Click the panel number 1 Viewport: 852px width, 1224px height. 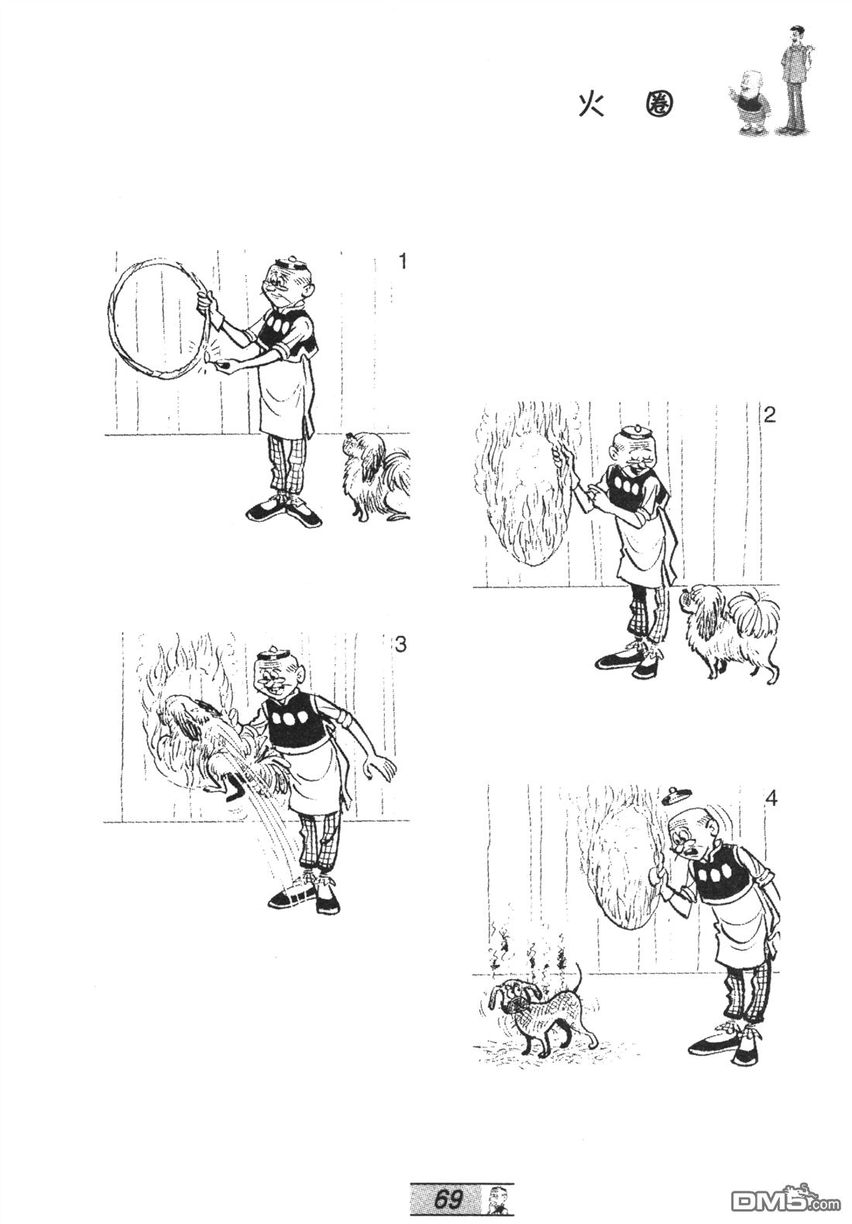(403, 262)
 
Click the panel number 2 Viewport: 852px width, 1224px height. (769, 415)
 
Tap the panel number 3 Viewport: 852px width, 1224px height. (400, 645)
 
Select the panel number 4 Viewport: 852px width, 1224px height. (771, 799)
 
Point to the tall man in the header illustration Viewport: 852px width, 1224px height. (795, 79)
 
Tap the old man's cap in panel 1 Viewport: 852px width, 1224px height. (290, 263)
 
